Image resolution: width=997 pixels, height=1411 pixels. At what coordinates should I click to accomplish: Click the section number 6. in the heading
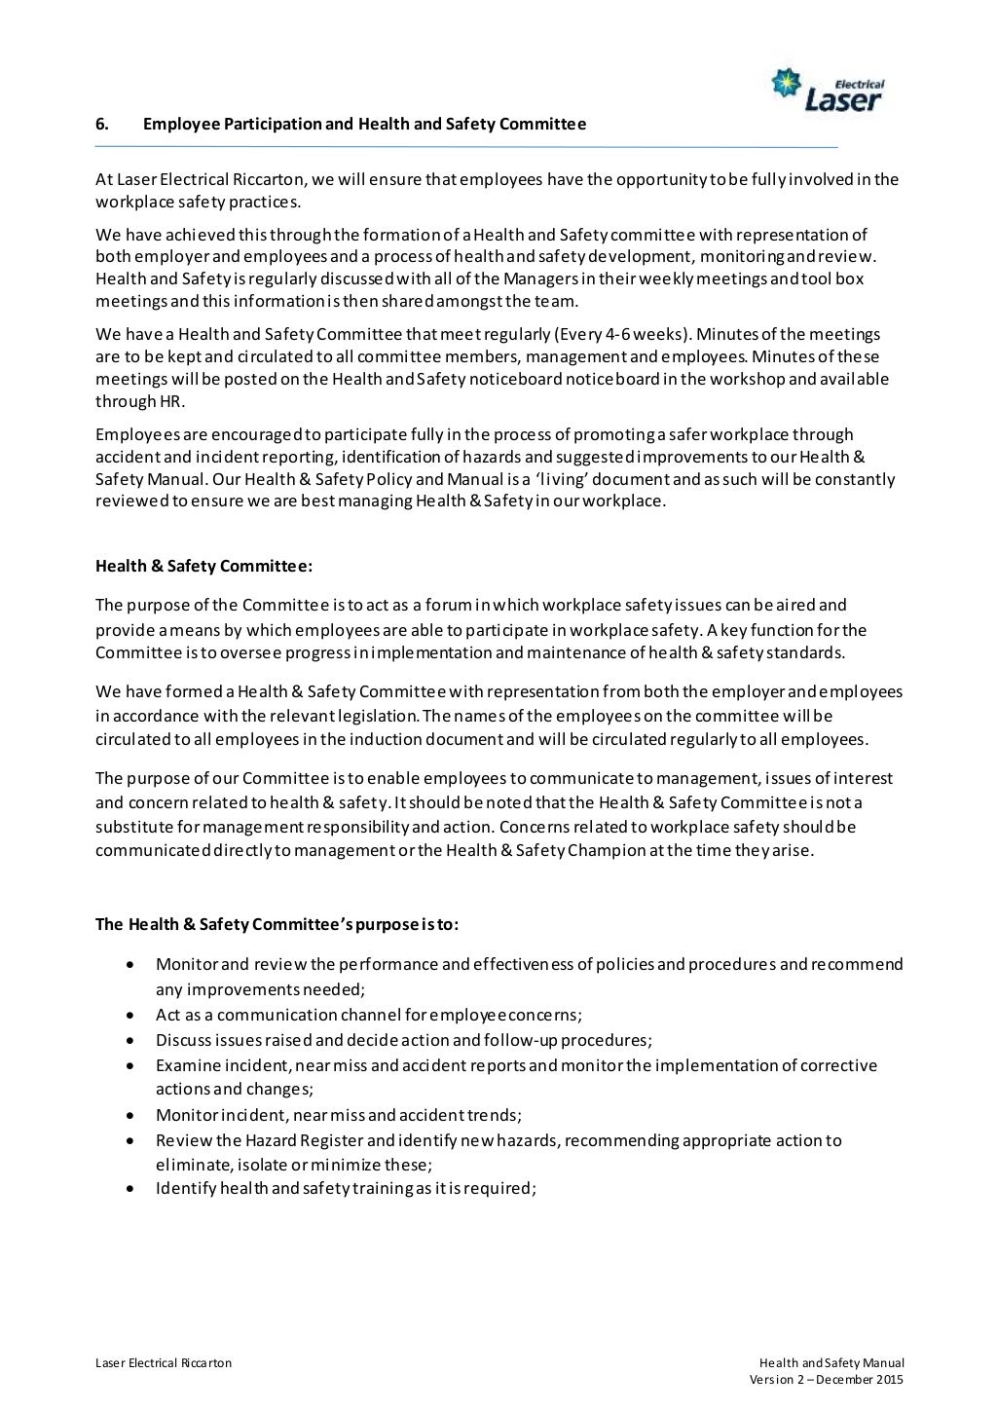pos(100,125)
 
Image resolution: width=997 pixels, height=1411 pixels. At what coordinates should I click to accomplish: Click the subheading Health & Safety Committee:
pos(203,565)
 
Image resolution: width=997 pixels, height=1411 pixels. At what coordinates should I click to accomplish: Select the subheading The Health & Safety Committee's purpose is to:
pos(277,924)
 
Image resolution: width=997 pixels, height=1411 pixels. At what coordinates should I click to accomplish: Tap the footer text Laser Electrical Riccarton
pos(163,1363)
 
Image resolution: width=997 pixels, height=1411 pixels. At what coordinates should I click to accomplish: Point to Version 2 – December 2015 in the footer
pos(827,1380)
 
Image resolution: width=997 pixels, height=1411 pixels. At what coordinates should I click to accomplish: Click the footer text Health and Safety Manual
pos(832,1363)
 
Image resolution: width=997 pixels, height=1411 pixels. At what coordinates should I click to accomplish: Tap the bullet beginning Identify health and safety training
pos(346,1188)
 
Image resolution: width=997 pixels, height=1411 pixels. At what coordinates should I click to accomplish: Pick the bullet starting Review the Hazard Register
pos(498,1140)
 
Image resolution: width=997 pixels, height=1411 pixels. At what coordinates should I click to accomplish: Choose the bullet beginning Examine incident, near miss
pos(516,1064)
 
